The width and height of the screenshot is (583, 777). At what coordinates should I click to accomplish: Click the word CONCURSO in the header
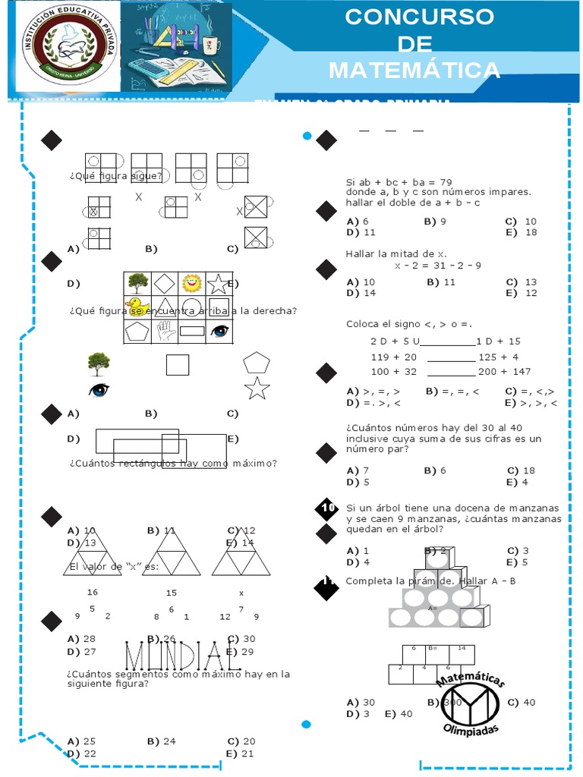click(x=419, y=17)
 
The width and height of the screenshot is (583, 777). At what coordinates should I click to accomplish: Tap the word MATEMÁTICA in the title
click(x=414, y=71)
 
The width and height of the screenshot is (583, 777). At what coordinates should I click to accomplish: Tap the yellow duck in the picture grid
click(x=137, y=307)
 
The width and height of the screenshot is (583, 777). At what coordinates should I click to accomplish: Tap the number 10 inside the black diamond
click(x=328, y=508)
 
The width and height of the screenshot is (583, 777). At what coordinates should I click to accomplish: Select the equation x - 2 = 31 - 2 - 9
click(x=438, y=266)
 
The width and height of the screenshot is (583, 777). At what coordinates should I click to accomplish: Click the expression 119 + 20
click(x=394, y=357)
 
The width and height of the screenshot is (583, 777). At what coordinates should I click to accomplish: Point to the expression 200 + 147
click(x=505, y=372)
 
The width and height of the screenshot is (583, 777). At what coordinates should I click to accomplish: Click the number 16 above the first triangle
click(x=93, y=592)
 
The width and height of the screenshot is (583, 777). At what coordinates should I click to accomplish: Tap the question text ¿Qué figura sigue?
click(x=115, y=176)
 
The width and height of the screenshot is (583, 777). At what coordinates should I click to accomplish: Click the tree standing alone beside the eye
click(x=98, y=364)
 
